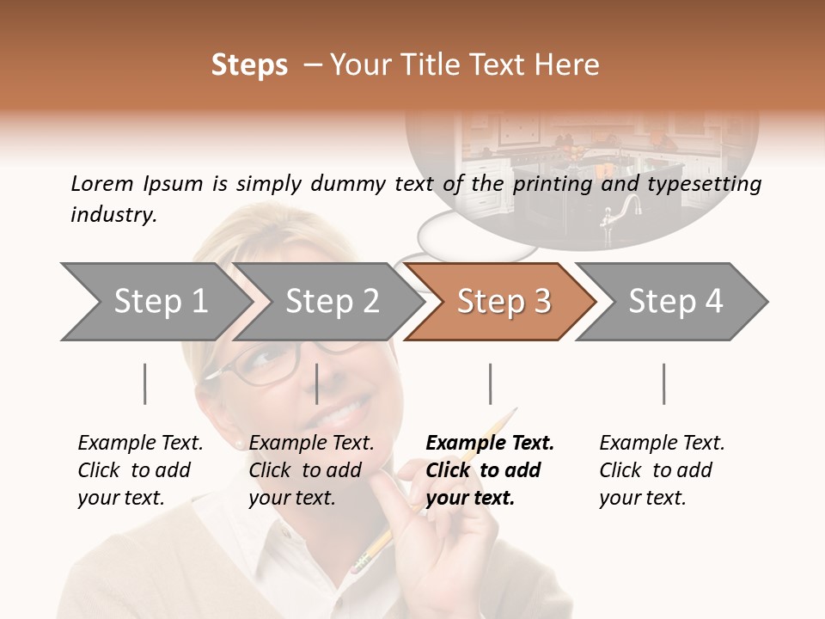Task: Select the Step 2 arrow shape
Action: [332, 302]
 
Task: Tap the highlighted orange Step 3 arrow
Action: [504, 302]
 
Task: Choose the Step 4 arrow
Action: [675, 302]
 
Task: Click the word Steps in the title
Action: [249, 65]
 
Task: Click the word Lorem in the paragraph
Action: [102, 183]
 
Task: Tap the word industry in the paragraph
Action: [113, 214]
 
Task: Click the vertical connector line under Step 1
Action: [145, 383]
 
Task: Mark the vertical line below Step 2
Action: [317, 383]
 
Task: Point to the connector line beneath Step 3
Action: [491, 383]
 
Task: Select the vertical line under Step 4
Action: [663, 383]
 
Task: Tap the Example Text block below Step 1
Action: [140, 470]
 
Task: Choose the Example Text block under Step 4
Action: [662, 470]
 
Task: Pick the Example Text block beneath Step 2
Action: [311, 470]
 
